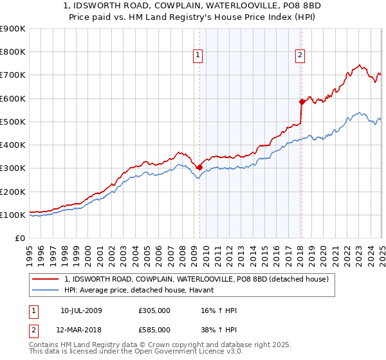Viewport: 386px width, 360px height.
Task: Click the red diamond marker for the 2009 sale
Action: point(199,167)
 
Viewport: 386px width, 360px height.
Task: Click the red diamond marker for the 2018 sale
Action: point(301,102)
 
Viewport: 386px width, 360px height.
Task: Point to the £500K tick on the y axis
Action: point(13,122)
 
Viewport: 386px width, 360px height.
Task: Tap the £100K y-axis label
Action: point(13,215)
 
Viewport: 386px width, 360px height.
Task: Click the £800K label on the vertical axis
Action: point(13,52)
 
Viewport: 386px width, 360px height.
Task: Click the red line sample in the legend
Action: point(46,279)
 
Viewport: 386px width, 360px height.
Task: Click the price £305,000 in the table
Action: point(154,310)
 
